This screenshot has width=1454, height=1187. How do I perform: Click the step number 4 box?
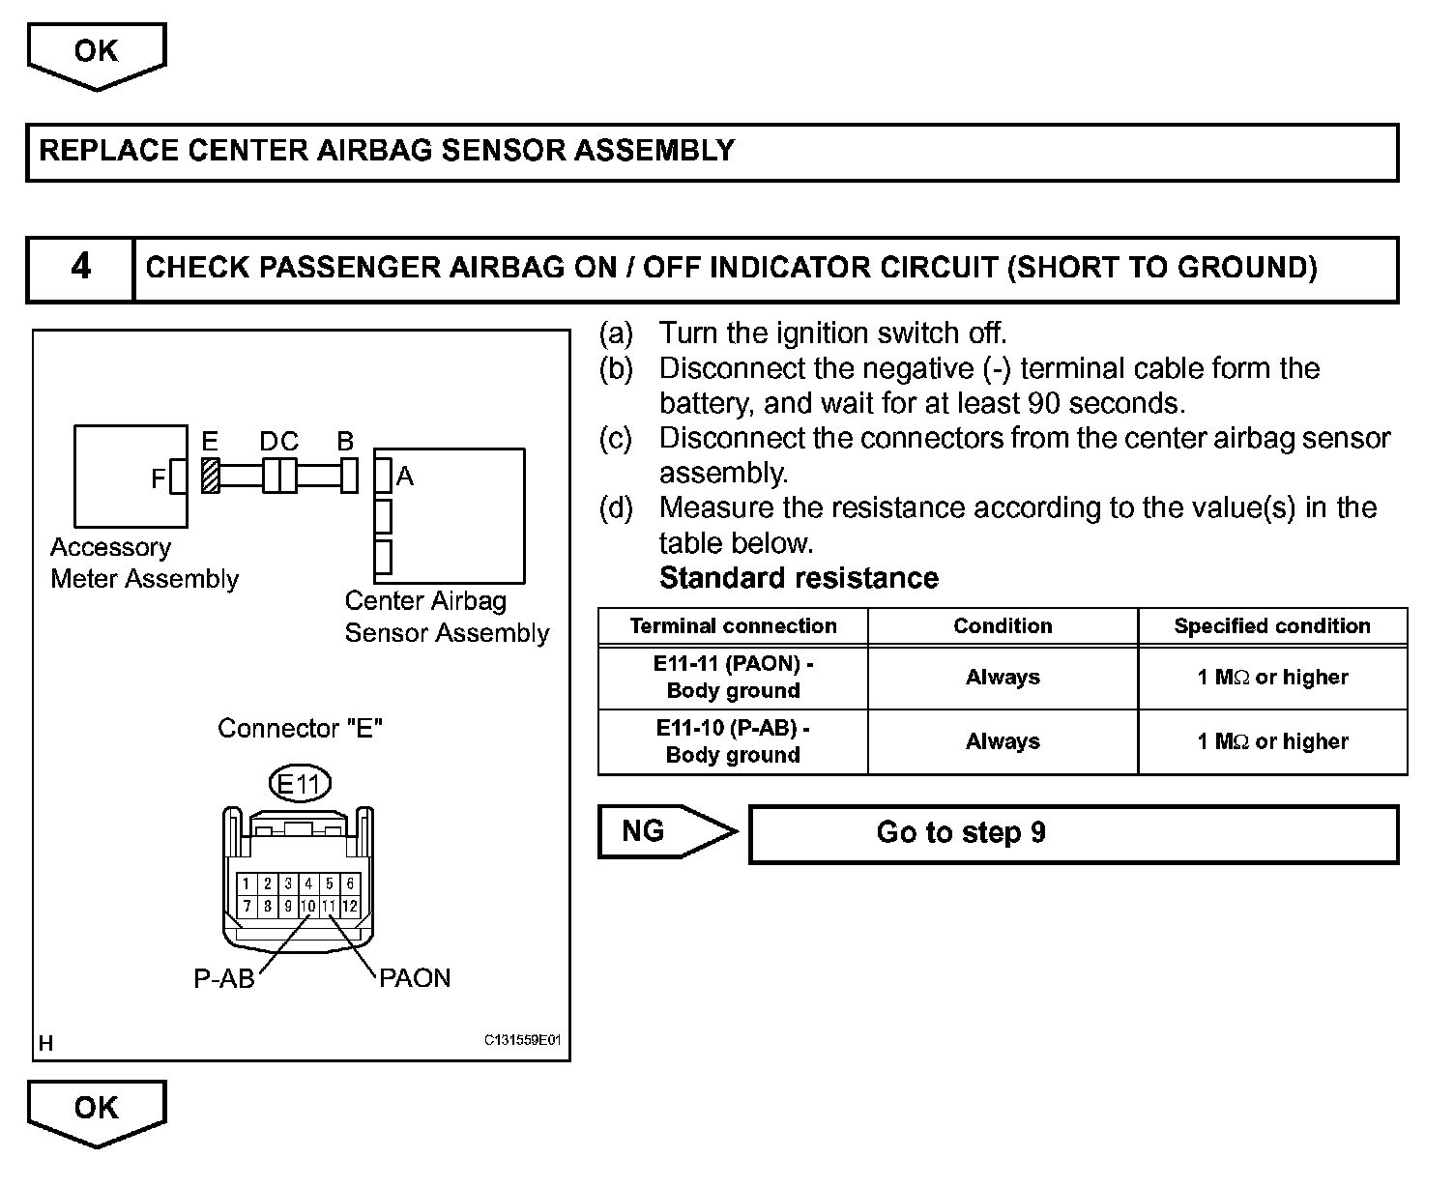point(81,267)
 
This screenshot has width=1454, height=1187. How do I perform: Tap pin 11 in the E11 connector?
point(330,907)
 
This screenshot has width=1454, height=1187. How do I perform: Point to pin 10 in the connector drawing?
point(308,907)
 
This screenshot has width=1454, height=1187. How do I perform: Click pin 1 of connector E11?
point(247,883)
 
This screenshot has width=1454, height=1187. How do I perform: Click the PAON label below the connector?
point(415,978)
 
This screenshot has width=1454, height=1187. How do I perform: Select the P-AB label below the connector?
point(223,979)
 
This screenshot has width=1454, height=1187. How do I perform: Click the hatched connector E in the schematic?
point(210,476)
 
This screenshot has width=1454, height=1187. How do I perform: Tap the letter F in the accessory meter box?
point(160,478)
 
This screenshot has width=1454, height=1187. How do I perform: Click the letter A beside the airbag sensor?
point(405,477)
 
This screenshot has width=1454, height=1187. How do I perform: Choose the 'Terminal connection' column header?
point(733,626)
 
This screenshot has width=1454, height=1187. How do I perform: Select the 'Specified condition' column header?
point(1272,626)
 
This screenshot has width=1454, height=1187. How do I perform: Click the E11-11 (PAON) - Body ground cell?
point(733,677)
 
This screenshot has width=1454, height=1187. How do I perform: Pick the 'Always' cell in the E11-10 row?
point(1003,741)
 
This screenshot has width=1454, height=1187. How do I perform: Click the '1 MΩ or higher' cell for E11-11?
point(1272,677)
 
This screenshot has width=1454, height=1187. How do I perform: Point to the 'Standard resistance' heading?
point(799,578)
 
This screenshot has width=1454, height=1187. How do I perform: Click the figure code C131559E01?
point(522,1041)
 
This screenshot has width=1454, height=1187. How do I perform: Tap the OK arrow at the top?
point(97,53)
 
